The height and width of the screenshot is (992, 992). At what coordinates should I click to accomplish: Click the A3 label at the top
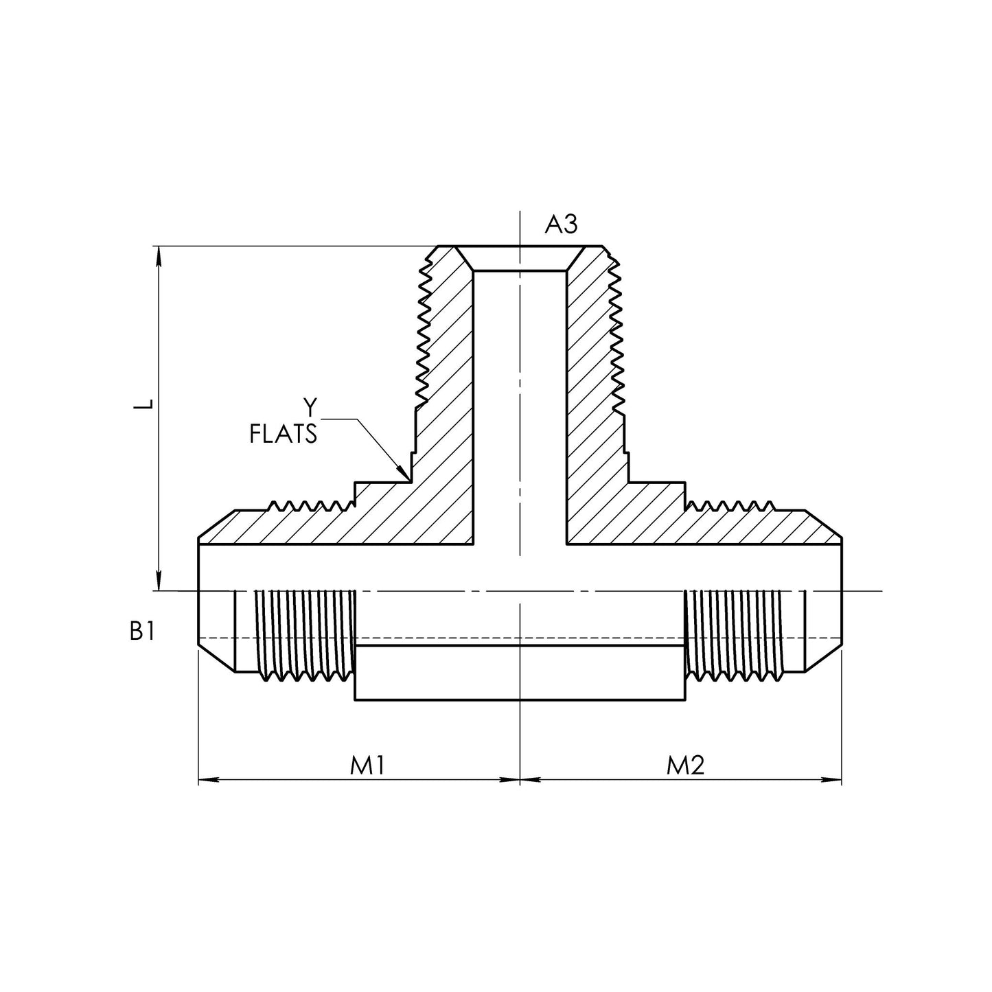(561, 224)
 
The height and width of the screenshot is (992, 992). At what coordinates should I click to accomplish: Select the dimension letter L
(143, 404)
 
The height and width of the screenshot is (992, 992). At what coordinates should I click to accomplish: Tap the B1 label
(142, 631)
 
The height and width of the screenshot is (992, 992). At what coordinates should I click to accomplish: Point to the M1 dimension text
(367, 765)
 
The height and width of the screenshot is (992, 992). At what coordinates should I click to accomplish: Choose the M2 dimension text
(685, 765)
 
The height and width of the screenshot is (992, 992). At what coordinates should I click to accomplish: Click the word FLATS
(283, 433)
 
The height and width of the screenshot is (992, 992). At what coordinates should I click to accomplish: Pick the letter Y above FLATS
(310, 408)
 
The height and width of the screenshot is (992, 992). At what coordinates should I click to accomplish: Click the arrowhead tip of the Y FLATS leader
(410, 481)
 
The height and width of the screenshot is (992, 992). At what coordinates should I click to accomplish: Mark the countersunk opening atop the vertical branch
(520, 258)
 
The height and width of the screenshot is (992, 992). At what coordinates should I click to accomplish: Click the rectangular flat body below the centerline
(520, 672)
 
